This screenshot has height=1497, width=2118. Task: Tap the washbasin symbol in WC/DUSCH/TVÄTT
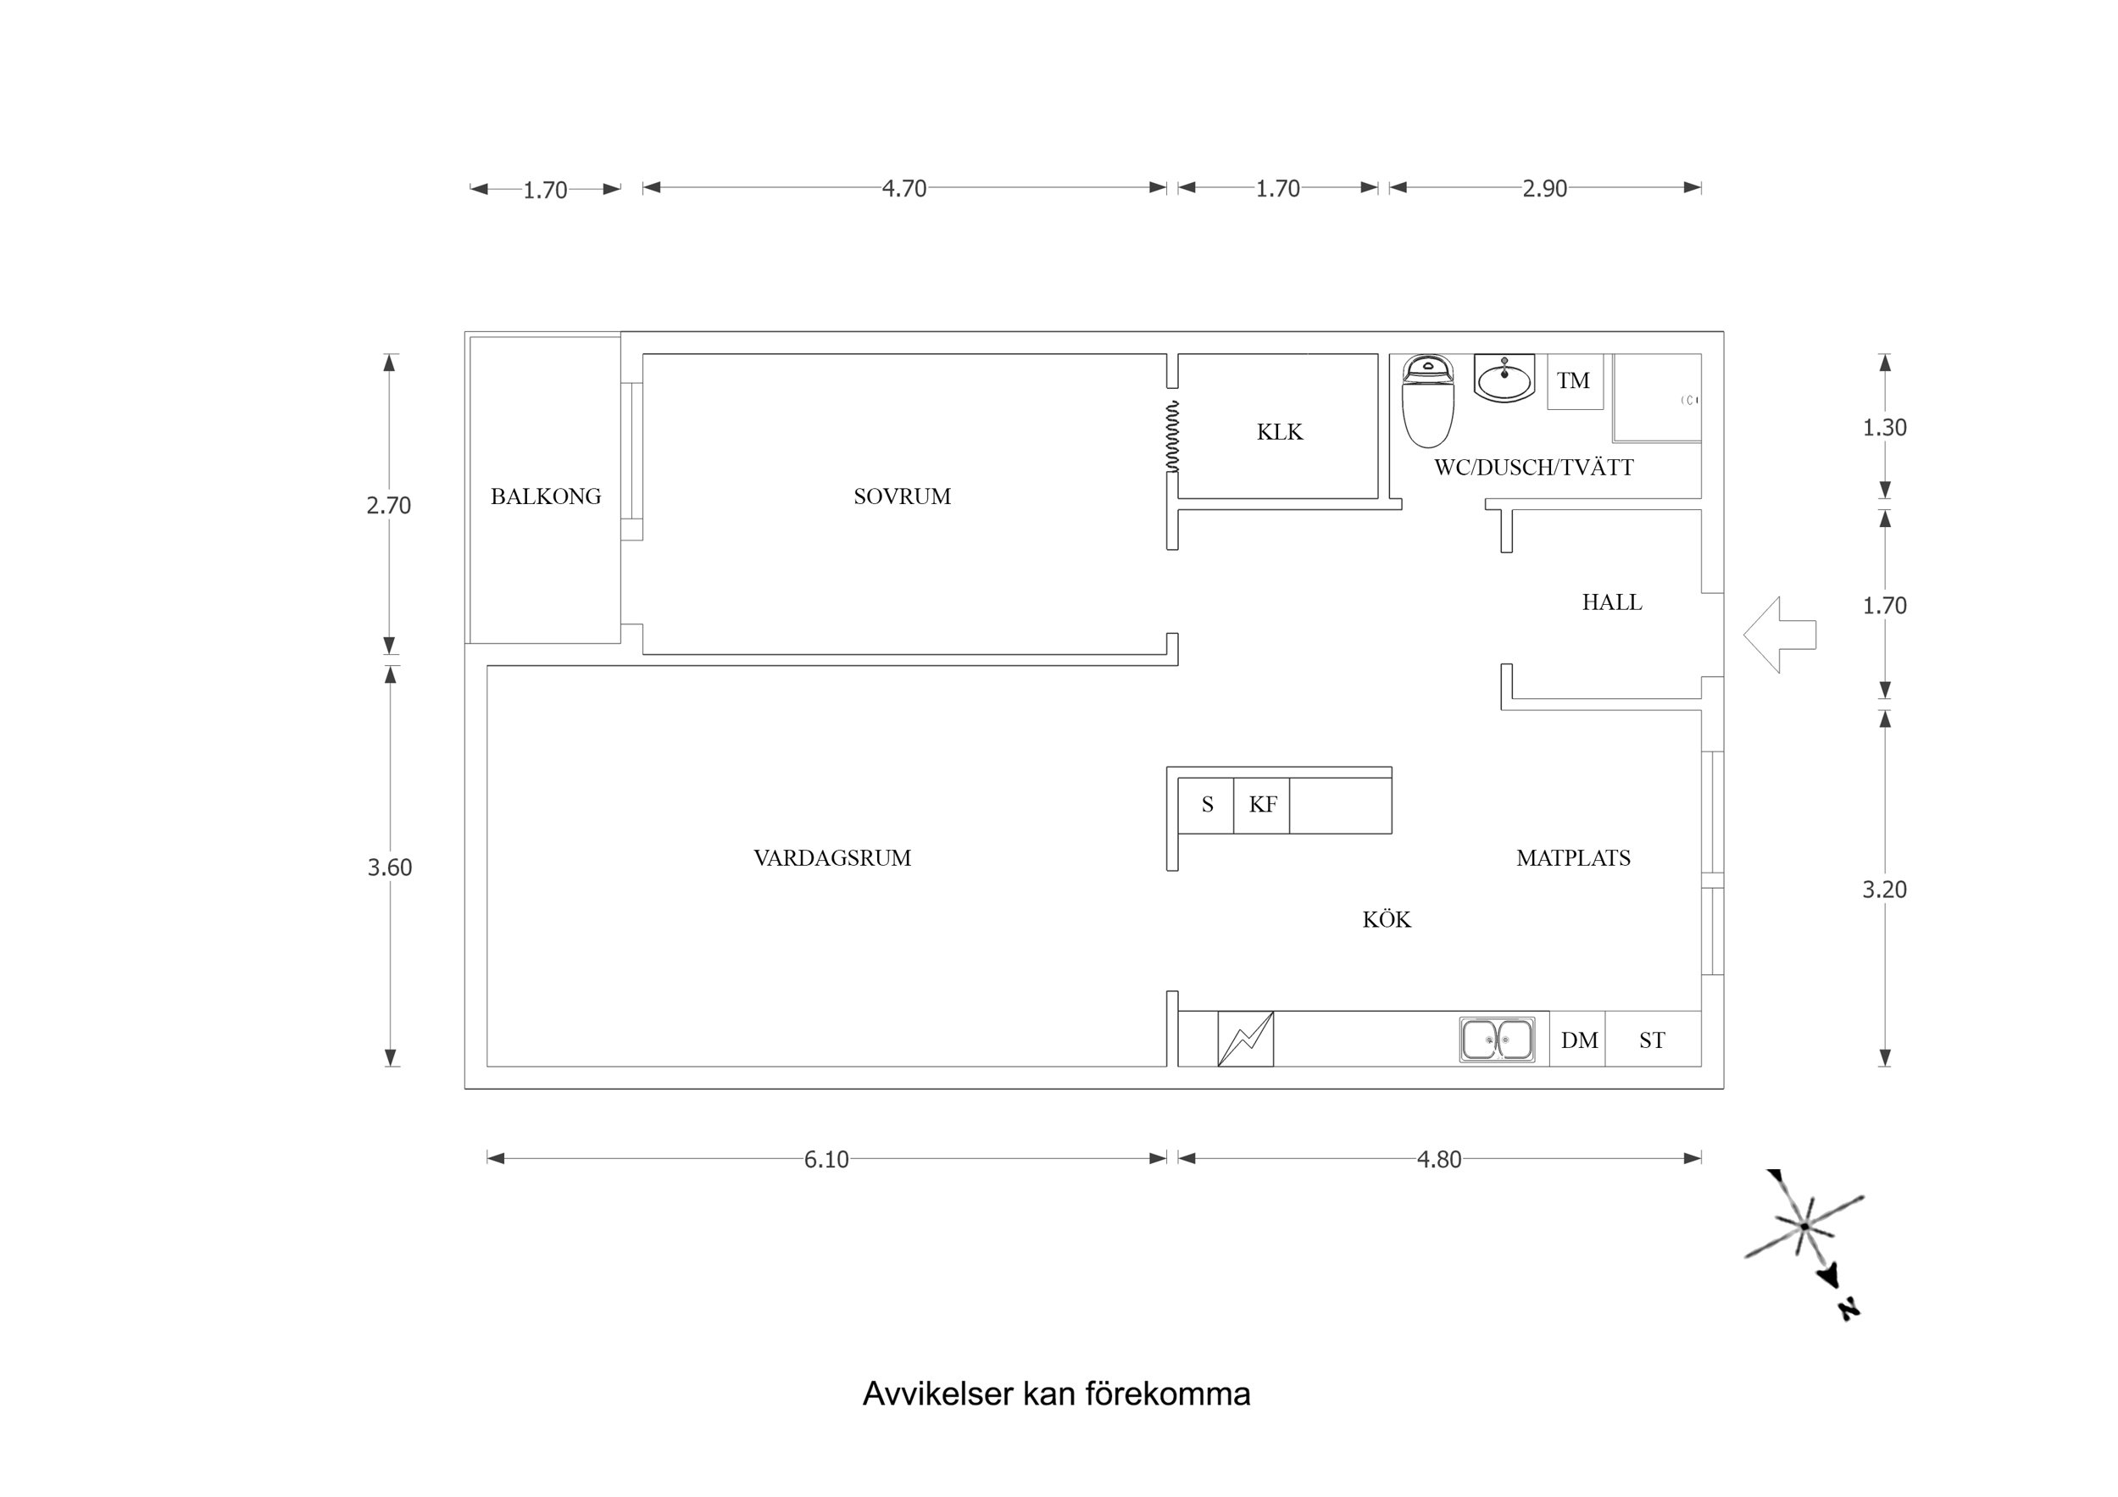pos(1504,378)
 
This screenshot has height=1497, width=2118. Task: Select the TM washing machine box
pos(1574,381)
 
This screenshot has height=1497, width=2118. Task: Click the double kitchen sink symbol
pos(1496,1040)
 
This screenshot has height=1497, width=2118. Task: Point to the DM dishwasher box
pos(1578,1040)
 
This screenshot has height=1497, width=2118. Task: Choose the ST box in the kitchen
pos(1652,1040)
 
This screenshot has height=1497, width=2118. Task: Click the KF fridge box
pos(1262,805)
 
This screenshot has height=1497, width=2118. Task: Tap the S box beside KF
pos(1207,805)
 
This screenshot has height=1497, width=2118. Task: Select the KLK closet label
pos(1280,432)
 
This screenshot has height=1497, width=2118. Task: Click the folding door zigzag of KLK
pos(1172,435)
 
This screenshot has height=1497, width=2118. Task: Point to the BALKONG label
pos(545,496)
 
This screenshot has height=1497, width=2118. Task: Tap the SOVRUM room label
pos(901,496)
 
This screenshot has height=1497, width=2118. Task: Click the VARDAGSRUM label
pos(832,858)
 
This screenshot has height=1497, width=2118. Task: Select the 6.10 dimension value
pos(826,1160)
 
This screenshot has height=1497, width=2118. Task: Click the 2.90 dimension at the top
pos(1544,188)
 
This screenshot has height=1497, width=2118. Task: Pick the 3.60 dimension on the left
pos(389,867)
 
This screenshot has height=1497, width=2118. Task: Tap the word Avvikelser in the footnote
pos(937,1393)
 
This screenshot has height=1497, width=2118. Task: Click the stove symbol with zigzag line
pos(1245,1040)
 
